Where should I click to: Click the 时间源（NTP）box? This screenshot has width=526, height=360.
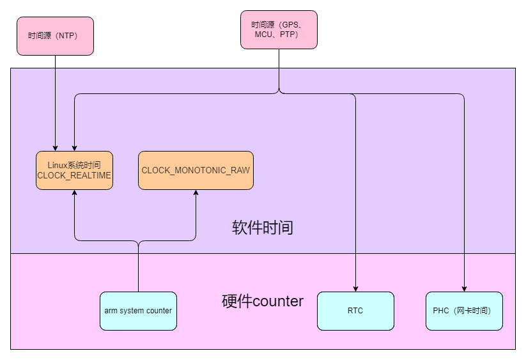tap(55, 36)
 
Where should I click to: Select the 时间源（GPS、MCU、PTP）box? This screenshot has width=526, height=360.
tap(279, 29)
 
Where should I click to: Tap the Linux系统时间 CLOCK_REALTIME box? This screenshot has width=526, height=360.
tap(74, 170)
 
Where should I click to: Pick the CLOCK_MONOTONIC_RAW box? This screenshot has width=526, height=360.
tap(196, 170)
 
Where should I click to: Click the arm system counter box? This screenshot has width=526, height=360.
tap(138, 311)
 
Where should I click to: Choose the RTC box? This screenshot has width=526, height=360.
tap(355, 311)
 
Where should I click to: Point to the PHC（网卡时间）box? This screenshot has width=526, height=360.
tap(464, 311)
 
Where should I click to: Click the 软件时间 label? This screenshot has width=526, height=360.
tap(263, 228)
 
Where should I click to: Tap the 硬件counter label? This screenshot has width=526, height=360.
tap(263, 301)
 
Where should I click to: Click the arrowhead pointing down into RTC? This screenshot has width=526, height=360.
tap(355, 288)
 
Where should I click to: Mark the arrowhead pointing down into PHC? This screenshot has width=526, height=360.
tap(464, 288)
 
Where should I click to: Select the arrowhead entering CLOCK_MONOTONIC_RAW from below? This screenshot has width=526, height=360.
tap(196, 193)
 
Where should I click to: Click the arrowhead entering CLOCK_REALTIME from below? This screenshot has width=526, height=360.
tap(74, 193)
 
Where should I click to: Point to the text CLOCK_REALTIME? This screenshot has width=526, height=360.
tap(74, 175)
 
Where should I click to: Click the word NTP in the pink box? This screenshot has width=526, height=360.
tap(66, 36)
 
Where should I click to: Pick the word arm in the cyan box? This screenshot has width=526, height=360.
tap(111, 311)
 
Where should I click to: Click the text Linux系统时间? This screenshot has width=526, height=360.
tap(74, 166)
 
